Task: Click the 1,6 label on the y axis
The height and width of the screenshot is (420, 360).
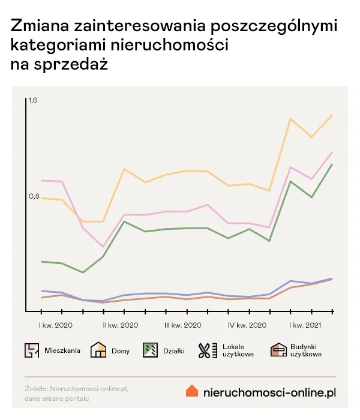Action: click(33, 100)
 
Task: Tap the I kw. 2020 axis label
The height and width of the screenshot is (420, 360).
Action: click(56, 325)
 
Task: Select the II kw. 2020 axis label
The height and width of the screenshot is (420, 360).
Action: click(120, 325)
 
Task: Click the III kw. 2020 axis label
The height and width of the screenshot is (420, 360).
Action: click(183, 325)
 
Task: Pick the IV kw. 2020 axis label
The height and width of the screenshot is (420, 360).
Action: click(247, 325)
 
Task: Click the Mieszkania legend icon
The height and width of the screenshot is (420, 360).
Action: click(32, 350)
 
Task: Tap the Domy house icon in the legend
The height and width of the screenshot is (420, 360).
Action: click(98, 350)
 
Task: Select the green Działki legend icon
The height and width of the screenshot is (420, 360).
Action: click(150, 350)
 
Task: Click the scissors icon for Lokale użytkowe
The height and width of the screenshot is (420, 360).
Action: click(206, 350)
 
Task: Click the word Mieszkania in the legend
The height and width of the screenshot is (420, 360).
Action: click(62, 351)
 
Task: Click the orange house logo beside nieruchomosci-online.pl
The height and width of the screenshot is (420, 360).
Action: click(192, 391)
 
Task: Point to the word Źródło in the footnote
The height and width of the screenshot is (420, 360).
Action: click(36, 389)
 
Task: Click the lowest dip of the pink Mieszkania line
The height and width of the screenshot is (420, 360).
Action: click(103, 247)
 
